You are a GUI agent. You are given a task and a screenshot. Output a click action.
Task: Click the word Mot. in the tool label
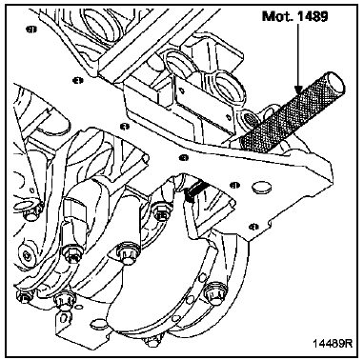pos(275,16)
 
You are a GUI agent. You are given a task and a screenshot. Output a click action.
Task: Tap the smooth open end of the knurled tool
pos(335,83)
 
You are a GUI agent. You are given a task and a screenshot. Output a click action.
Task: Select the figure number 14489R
pos(333,343)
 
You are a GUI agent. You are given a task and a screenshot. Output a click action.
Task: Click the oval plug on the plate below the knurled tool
pos(261,187)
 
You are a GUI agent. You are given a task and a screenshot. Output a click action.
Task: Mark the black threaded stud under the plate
pos(195,190)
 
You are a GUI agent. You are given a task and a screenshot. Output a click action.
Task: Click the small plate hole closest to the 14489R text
pos(253,227)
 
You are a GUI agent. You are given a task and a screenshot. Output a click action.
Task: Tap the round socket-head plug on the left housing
pos(28,255)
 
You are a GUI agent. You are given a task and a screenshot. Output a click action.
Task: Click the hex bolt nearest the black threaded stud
pos(162,213)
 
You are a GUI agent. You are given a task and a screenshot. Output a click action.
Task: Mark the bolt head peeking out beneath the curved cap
pos(152,342)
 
